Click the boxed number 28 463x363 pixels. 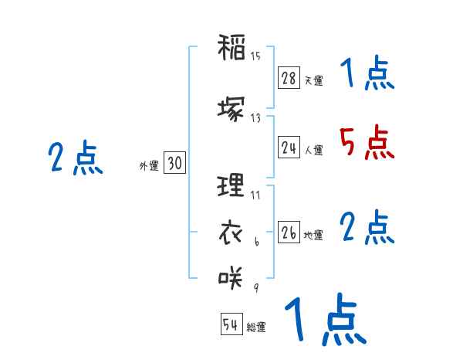point(289,78)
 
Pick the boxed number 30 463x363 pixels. point(174,163)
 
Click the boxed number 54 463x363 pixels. point(231,324)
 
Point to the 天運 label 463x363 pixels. point(313,80)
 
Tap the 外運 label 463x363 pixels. point(149,165)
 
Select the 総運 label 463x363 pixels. point(256,327)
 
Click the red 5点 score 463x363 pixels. point(367,143)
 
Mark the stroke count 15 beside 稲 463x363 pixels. point(255,55)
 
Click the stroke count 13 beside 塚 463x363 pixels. point(255,117)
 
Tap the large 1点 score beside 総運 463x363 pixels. point(324,320)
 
